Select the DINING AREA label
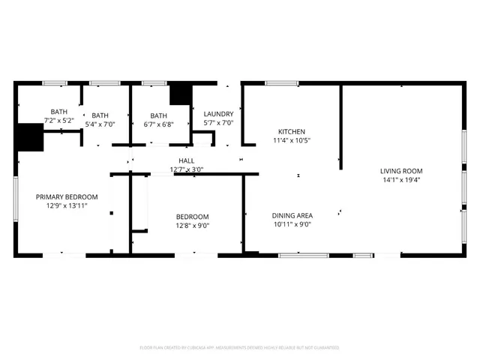(292, 215)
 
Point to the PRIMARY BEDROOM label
(67, 196)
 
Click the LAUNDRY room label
(218, 114)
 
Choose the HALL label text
(187, 160)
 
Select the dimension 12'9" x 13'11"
(67, 205)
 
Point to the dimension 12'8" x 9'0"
(193, 224)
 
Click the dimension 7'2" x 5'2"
(58, 120)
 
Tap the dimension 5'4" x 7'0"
(100, 124)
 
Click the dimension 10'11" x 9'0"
(292, 223)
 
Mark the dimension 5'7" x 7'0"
(218, 123)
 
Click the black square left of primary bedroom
(29, 137)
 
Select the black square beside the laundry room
(181, 94)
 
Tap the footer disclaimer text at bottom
(240, 348)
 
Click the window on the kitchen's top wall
(282, 82)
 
